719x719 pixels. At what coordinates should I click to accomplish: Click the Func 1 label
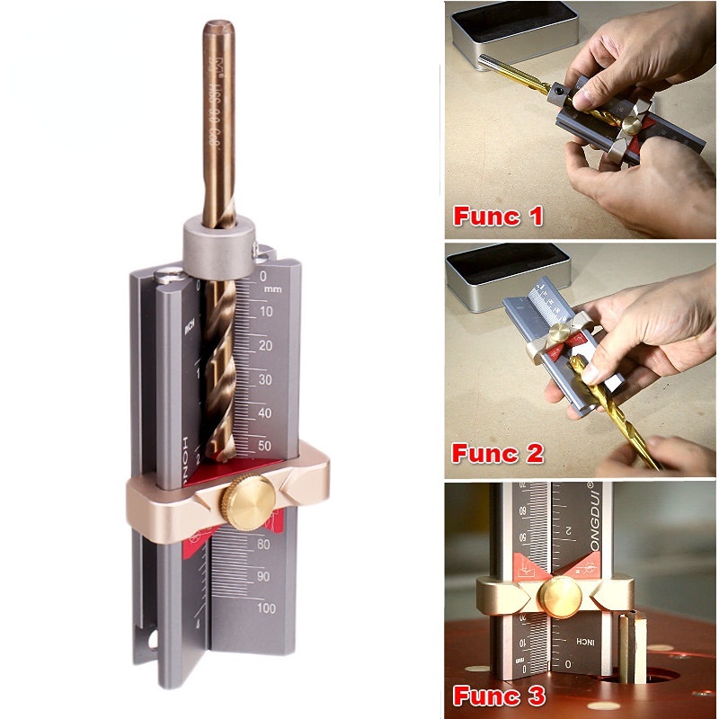coord(498,216)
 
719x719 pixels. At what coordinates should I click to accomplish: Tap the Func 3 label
coord(498,695)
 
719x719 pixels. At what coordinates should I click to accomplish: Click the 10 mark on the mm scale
coord(267,312)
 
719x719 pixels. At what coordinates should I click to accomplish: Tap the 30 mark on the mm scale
coord(267,379)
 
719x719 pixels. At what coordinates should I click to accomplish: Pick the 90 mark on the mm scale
coord(265,576)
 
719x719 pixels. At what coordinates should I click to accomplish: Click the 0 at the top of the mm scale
coord(262,277)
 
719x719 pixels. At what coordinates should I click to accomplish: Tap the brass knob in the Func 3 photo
coord(558,596)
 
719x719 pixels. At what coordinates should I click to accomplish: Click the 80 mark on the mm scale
coord(265,544)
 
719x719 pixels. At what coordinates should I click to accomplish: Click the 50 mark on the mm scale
coord(267,446)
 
